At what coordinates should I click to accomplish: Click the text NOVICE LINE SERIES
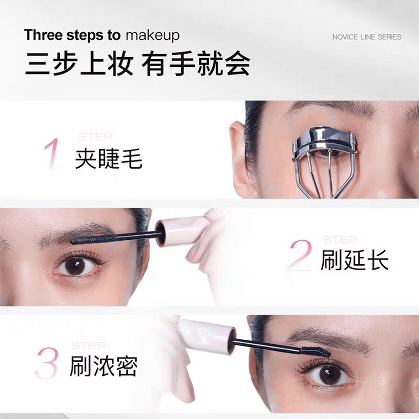[x=367, y=37]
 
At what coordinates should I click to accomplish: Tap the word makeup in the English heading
[x=152, y=35]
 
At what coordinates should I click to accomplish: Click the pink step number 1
[x=52, y=154]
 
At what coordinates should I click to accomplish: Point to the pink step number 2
[x=301, y=256]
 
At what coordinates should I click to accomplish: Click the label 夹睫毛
[x=108, y=159]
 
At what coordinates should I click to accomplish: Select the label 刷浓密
[x=104, y=366]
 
